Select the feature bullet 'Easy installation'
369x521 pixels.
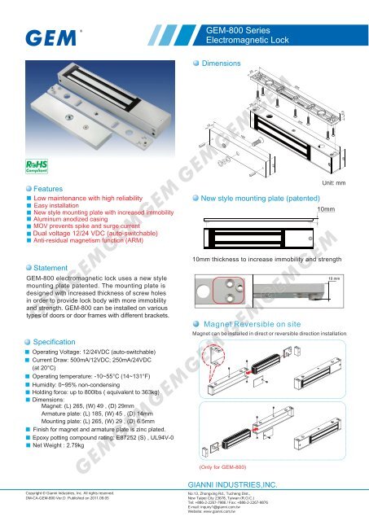[61, 207]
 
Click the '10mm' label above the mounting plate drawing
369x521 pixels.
[329, 209]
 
